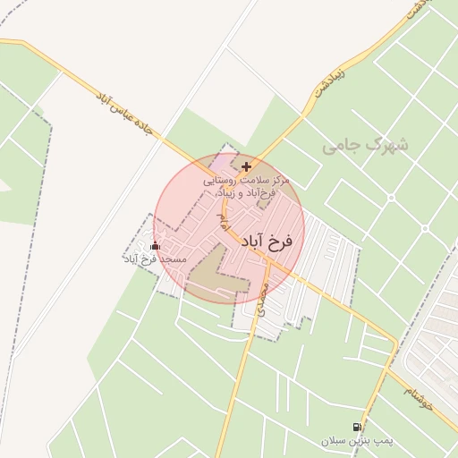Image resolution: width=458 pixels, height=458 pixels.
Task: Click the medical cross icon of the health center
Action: tap(246, 166)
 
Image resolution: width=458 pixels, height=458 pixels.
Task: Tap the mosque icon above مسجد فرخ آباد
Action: tap(156, 245)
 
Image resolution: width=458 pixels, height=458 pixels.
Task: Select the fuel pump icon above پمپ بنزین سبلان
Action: tap(358, 428)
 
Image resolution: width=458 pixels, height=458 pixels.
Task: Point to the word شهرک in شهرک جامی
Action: tap(386, 143)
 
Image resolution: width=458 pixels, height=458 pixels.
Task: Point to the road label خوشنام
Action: tap(417, 392)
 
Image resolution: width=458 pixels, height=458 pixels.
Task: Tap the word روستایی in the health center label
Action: tap(224, 181)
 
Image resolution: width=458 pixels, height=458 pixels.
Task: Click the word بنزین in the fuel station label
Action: tap(358, 441)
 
